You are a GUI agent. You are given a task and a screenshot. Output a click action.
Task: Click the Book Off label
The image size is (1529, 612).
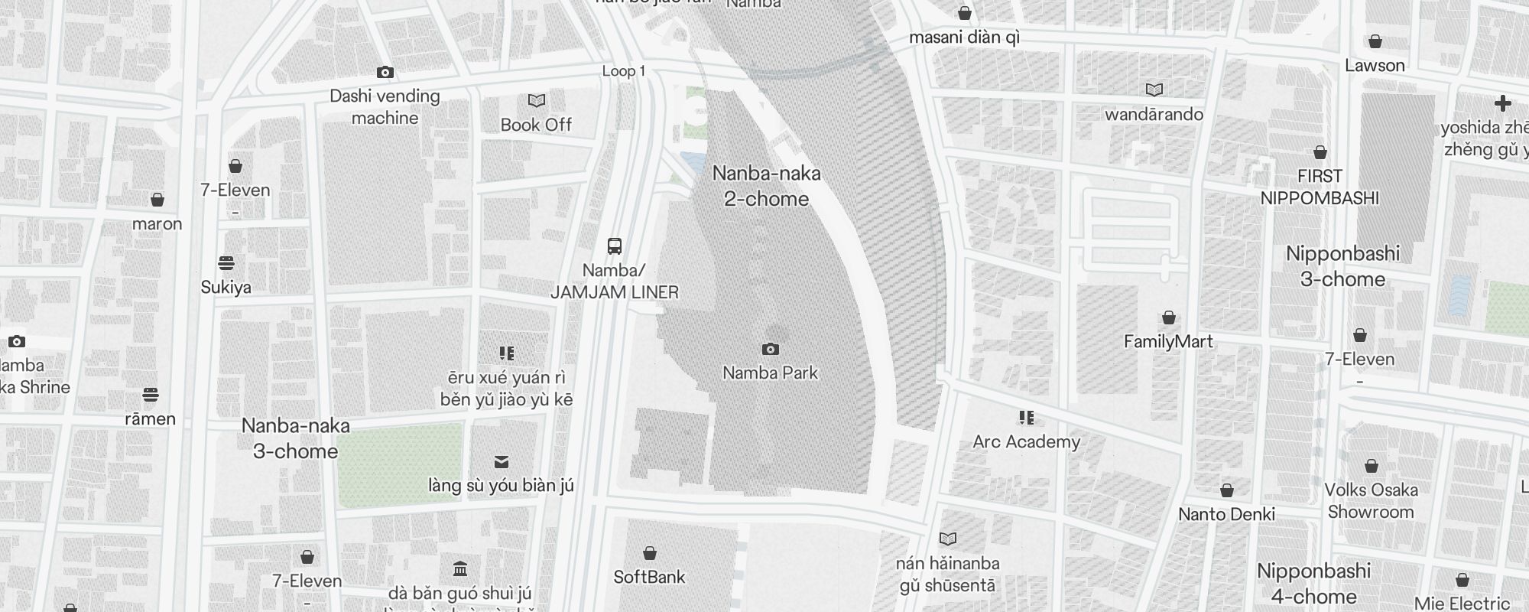coord(536,125)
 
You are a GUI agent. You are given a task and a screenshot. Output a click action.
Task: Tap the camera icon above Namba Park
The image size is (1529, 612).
coord(771,350)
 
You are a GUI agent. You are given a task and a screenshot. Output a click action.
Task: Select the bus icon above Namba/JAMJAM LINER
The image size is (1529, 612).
coord(615,246)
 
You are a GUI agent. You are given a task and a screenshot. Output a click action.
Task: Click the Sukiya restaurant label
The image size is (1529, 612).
coord(226,287)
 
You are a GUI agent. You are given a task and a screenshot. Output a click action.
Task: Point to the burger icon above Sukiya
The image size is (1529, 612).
coord(226,263)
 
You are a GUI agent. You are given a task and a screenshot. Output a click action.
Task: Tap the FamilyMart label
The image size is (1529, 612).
coord(1168,341)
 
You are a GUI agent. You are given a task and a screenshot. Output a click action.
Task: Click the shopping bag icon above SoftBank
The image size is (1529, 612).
coord(650,553)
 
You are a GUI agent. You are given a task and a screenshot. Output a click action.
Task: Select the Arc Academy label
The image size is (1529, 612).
coord(1026,441)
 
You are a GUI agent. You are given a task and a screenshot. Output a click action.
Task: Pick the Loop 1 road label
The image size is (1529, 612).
coord(624,71)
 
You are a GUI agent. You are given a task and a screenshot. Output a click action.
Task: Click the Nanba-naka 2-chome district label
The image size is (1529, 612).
coord(766,186)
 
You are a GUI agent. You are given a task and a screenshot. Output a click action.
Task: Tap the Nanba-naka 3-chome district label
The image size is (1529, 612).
coord(296,438)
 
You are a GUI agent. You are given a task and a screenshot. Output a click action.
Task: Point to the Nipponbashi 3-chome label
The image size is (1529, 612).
coord(1342,266)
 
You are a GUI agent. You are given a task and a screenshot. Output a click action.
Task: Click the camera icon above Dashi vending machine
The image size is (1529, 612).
coord(385,73)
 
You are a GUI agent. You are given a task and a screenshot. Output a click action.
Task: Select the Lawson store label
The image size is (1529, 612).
coord(1375,66)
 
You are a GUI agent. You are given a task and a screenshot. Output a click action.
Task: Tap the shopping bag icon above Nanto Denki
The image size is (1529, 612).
coord(1227,490)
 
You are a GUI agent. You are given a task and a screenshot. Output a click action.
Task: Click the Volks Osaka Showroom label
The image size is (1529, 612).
coord(1371,501)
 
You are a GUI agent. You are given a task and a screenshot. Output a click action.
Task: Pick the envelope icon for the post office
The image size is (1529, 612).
coord(502,462)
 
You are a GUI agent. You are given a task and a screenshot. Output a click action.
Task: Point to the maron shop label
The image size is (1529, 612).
coord(157,224)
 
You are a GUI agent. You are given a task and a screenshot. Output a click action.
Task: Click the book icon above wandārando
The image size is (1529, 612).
coord(1154,90)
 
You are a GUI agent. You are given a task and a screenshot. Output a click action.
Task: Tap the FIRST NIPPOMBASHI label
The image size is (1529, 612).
coord(1320,187)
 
